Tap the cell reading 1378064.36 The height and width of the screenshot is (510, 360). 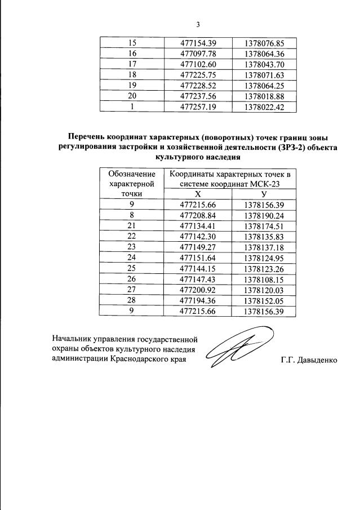coord(264,54)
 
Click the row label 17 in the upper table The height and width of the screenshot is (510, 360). coord(133,65)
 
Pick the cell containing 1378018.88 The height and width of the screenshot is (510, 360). coord(264,96)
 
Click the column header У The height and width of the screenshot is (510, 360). coord(264,193)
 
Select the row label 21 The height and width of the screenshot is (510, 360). coord(132,226)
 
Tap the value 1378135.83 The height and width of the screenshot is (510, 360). coord(264,237)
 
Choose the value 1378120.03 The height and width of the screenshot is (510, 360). coord(264,290)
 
